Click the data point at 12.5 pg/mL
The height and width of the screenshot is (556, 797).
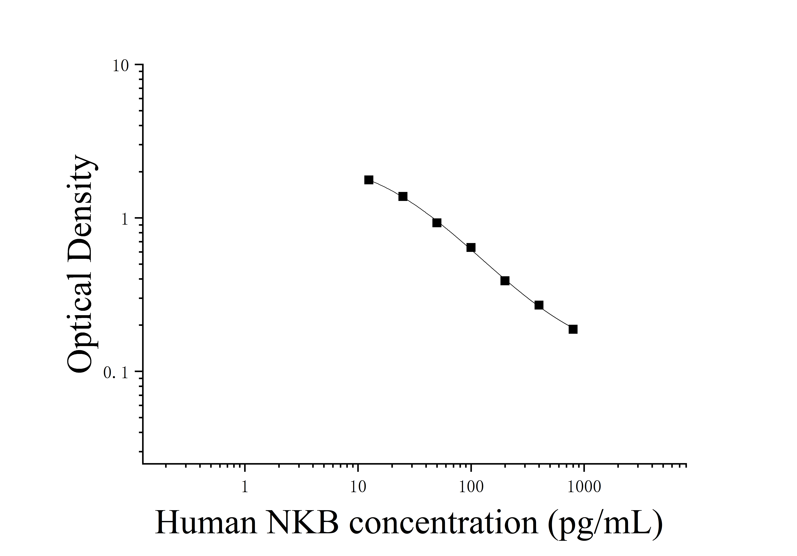(369, 180)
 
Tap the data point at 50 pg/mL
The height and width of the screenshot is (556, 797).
(437, 223)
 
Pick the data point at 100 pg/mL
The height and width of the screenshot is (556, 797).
(471, 247)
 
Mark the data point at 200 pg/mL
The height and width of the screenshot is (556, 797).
(505, 281)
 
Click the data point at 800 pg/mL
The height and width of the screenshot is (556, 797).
(573, 329)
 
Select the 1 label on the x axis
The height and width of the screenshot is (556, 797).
(245, 487)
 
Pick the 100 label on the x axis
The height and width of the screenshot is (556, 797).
(471, 487)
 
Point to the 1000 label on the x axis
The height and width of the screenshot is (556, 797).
(584, 487)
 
